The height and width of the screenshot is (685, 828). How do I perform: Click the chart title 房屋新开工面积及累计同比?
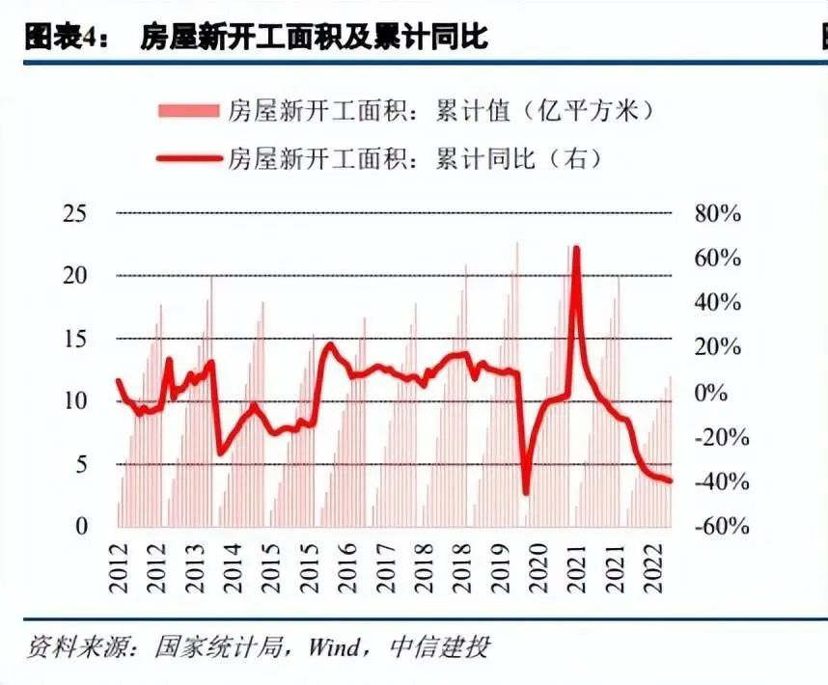(315, 38)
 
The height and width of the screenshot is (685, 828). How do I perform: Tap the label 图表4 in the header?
(59, 38)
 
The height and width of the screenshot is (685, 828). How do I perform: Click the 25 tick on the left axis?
(74, 213)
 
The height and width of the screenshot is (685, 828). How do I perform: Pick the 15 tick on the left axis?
(74, 339)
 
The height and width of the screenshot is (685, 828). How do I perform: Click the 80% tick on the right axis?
(717, 213)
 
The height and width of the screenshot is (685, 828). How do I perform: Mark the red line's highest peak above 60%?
(576, 248)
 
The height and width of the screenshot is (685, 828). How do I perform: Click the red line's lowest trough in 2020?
(526, 493)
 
